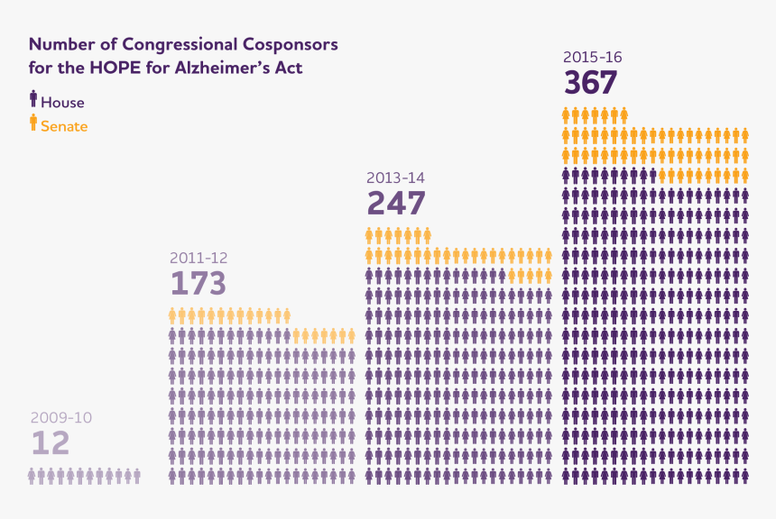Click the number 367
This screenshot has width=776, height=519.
[591, 83]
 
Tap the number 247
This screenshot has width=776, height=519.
[395, 203]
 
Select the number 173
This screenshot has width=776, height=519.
[198, 284]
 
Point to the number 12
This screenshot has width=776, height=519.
[50, 443]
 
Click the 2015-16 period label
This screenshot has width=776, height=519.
[592, 58]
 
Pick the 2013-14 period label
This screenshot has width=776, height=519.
[395, 178]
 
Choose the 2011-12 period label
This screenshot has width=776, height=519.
[199, 258]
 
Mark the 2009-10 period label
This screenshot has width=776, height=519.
[61, 417]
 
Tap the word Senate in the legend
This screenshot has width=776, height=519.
[64, 127]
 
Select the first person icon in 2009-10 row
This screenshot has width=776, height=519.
[32, 476]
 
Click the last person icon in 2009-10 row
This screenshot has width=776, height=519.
[136, 476]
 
